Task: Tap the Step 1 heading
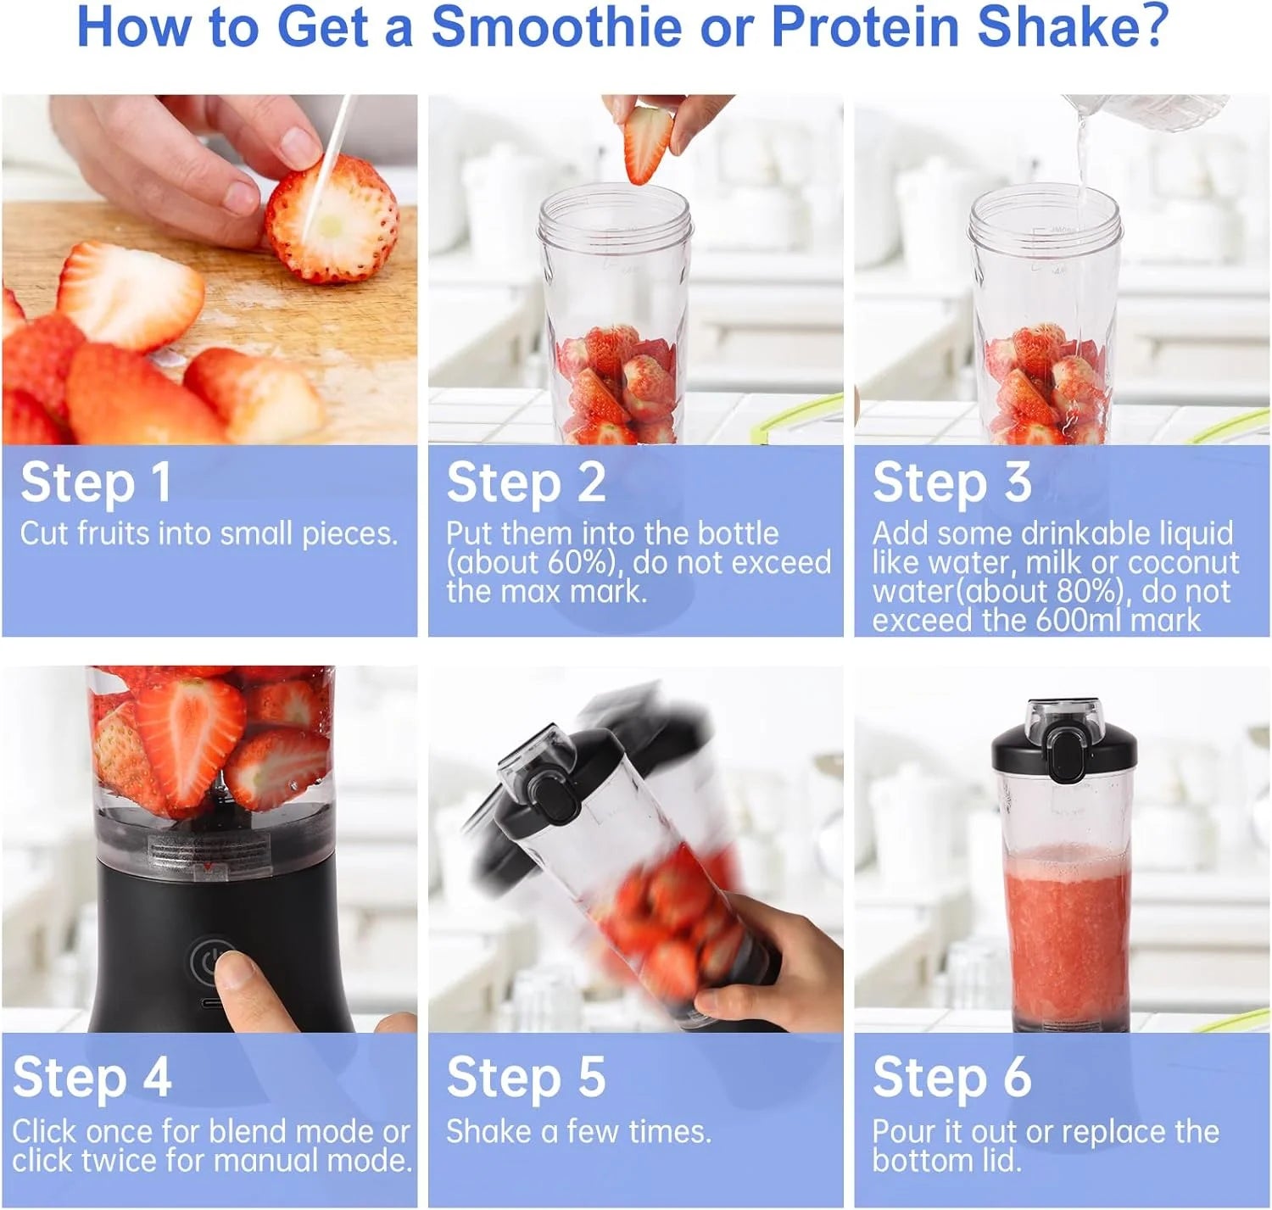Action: point(96,482)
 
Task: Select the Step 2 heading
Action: point(526,482)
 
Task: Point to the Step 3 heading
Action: point(951,482)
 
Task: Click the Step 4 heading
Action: point(92,1078)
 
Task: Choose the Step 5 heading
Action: point(526,1078)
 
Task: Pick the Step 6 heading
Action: point(951,1078)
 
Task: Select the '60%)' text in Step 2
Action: point(583,563)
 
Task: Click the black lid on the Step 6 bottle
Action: point(1064,746)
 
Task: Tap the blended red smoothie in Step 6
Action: point(1066,933)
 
